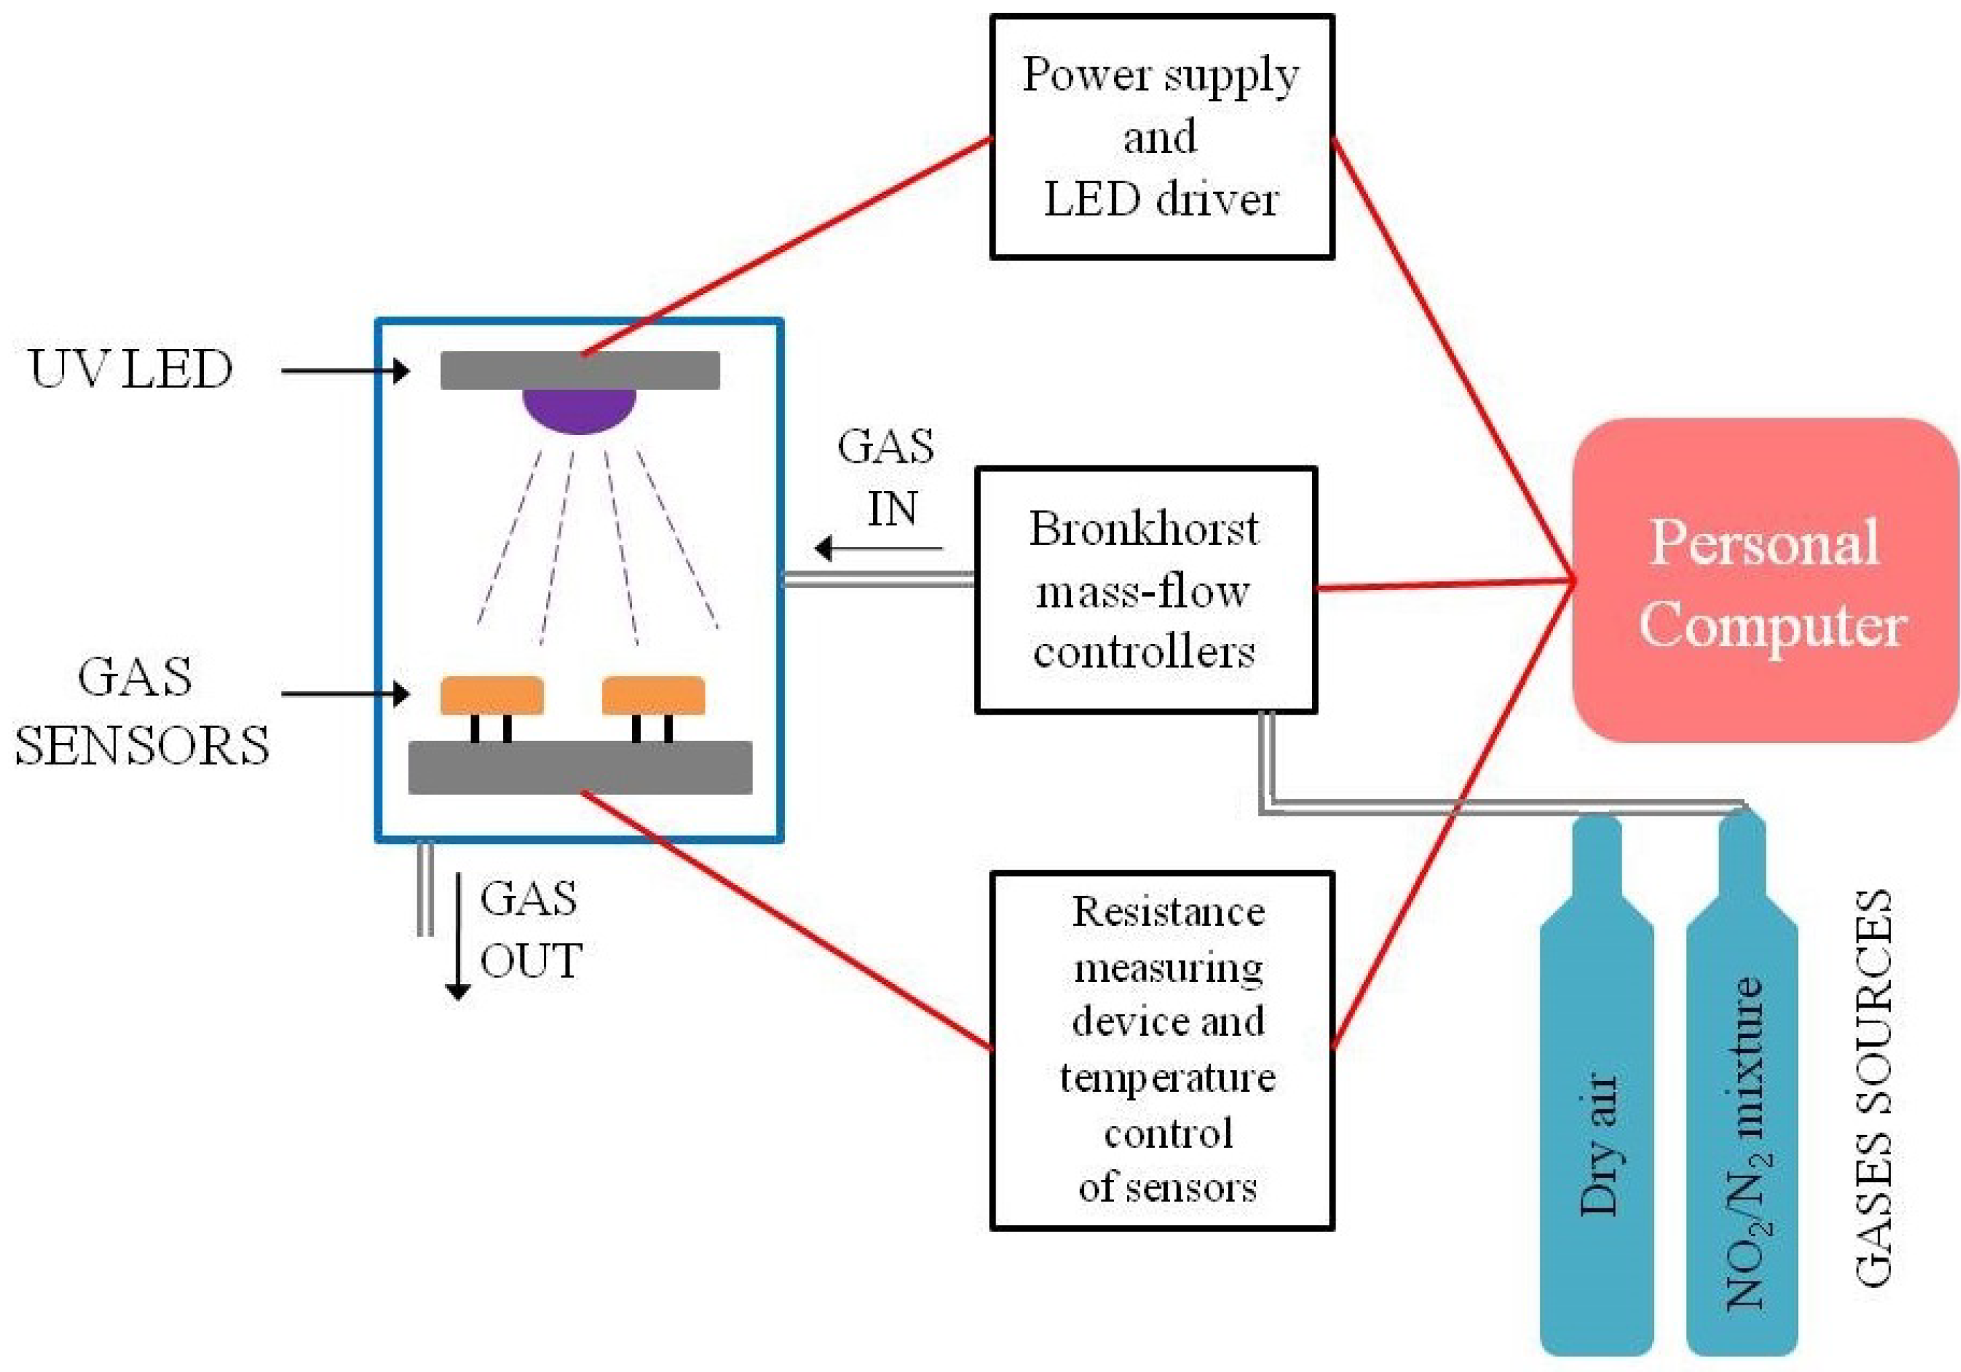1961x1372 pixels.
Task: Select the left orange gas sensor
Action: (492, 694)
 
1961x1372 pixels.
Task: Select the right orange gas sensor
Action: (654, 694)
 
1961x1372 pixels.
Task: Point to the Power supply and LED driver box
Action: (1161, 137)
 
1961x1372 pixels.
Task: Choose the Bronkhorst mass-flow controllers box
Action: (1145, 589)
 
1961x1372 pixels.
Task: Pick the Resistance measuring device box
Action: (1161, 1050)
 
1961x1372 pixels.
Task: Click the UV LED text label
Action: (131, 370)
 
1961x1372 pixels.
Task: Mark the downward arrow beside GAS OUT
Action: (458, 936)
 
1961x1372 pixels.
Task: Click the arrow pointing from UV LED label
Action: (345, 370)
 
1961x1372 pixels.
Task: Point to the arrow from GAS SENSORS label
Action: (345, 694)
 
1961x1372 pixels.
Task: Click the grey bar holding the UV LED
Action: (579, 370)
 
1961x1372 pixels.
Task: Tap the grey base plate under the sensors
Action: (579, 766)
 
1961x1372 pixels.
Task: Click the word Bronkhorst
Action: (1143, 529)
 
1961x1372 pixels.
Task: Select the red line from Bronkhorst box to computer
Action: (1443, 585)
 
